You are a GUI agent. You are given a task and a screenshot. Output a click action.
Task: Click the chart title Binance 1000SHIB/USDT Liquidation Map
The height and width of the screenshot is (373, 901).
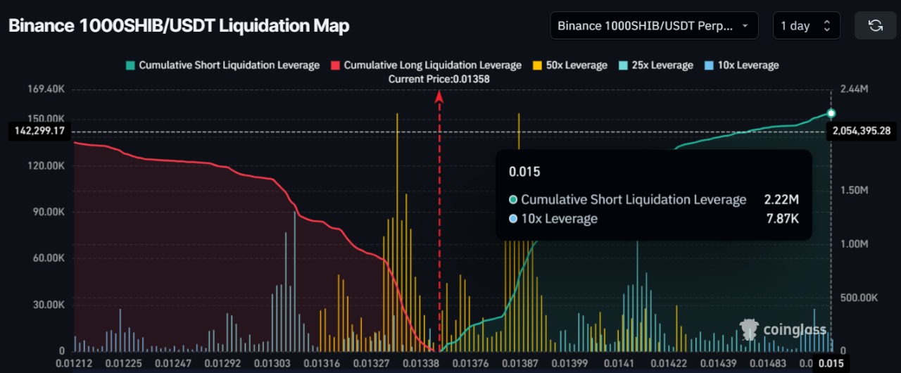tap(179, 26)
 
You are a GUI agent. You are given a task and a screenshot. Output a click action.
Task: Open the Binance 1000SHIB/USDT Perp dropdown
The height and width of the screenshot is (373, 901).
tap(654, 26)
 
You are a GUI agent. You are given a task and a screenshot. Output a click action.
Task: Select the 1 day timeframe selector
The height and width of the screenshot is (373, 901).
tap(805, 26)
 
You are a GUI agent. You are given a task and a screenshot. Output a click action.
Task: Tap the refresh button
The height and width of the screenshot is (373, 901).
tap(875, 26)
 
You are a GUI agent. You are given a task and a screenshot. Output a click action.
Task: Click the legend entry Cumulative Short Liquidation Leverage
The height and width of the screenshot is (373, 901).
tap(222, 65)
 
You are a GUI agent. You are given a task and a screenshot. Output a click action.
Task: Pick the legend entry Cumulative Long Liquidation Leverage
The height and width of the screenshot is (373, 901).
tap(427, 65)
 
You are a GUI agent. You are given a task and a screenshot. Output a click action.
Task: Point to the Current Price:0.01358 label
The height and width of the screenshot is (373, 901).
tap(439, 80)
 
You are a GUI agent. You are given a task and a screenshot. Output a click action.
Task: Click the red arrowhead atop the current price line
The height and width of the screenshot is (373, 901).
tap(439, 96)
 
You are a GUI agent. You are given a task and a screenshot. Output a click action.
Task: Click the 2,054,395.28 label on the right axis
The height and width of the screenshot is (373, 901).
tap(861, 131)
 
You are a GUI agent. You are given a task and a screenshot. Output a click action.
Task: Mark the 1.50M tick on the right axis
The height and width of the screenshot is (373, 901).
tap(855, 191)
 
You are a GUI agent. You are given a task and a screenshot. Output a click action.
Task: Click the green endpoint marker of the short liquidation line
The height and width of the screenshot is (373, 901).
tap(831, 113)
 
